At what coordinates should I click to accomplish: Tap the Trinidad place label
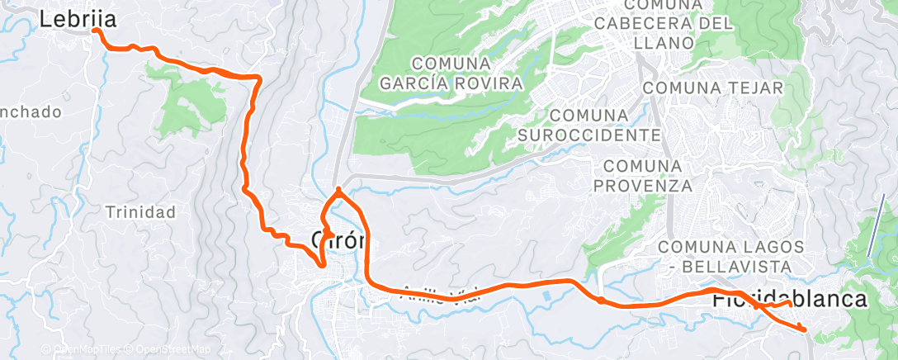tap(140, 212)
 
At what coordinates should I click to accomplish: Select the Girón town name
tap(338, 240)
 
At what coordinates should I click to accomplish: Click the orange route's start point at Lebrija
tap(96, 31)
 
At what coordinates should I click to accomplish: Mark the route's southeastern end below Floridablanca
tap(803, 330)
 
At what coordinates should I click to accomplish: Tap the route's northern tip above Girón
tap(338, 189)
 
